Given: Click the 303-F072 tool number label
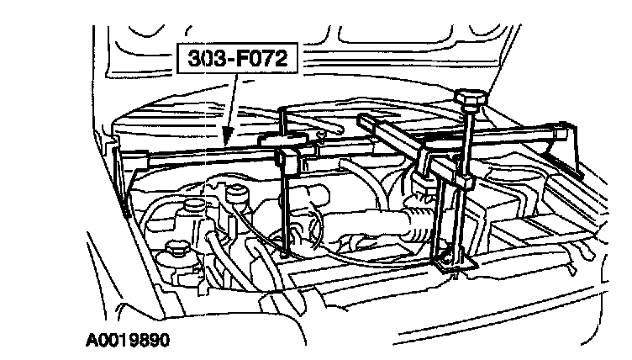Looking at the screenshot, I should pyautogui.click(x=239, y=61).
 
